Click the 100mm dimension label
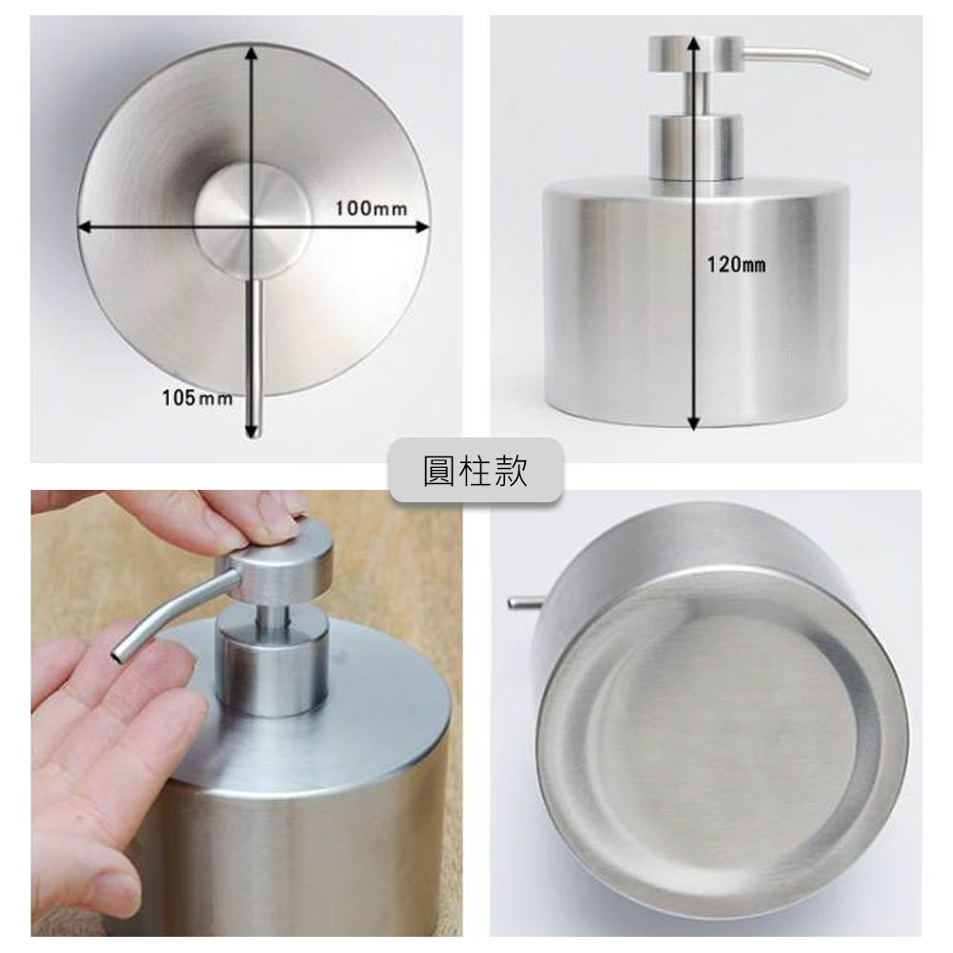(x=371, y=209)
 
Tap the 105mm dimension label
(x=197, y=398)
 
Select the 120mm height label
(x=736, y=264)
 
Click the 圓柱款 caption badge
(x=476, y=470)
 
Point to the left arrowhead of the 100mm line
(x=85, y=228)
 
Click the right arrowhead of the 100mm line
(x=422, y=228)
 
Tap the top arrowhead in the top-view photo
(x=253, y=53)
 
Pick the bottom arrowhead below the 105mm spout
(x=253, y=431)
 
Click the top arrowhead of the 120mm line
(x=694, y=43)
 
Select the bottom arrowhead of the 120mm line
(x=694, y=423)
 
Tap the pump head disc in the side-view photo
(x=696, y=54)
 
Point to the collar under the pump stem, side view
(x=696, y=148)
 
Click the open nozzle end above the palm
(x=117, y=656)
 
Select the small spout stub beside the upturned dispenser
(x=525, y=602)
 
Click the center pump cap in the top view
(x=253, y=217)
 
